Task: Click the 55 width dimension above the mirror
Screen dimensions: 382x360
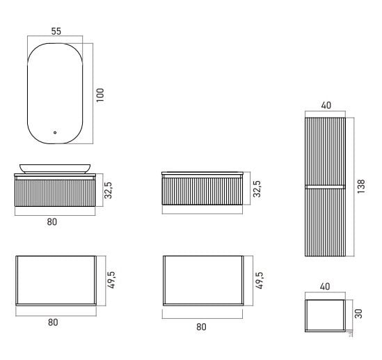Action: click(56, 31)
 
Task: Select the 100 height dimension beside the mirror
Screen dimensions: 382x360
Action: click(100, 95)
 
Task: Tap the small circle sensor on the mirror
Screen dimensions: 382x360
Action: click(55, 132)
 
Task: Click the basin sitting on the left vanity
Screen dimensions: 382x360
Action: click(55, 169)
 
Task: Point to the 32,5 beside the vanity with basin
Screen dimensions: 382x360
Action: click(108, 190)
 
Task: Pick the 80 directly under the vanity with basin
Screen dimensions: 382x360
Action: click(52, 222)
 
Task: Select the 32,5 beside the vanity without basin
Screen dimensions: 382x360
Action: click(257, 189)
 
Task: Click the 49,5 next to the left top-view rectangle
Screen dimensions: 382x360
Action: click(111, 280)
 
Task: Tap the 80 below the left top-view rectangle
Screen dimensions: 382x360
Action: click(53, 322)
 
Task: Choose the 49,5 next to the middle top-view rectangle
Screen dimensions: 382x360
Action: click(260, 281)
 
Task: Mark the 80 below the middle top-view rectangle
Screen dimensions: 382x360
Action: click(201, 327)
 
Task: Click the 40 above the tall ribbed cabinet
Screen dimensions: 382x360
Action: click(326, 105)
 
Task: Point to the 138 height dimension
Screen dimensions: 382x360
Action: click(361, 187)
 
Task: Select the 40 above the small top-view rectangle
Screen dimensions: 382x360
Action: click(325, 286)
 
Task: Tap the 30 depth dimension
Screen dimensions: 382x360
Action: click(358, 313)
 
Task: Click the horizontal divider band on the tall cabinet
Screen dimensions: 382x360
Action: click(325, 187)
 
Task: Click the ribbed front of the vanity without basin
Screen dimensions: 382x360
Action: click(202, 191)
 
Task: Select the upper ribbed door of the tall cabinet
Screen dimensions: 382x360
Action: click(325, 151)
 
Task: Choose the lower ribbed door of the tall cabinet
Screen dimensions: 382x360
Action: click(325, 223)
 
